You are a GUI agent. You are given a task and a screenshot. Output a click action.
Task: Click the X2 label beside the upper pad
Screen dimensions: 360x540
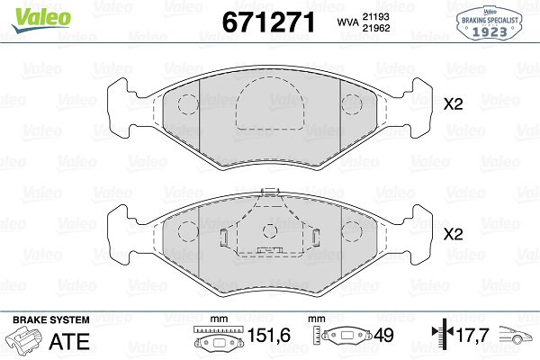click(x=453, y=105)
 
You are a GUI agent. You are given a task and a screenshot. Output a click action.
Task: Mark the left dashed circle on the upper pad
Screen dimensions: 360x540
click(x=187, y=104)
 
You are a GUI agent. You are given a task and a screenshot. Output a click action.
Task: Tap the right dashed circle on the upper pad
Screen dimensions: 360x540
click(x=352, y=104)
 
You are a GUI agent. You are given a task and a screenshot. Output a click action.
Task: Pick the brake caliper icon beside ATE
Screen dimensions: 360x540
click(x=28, y=342)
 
